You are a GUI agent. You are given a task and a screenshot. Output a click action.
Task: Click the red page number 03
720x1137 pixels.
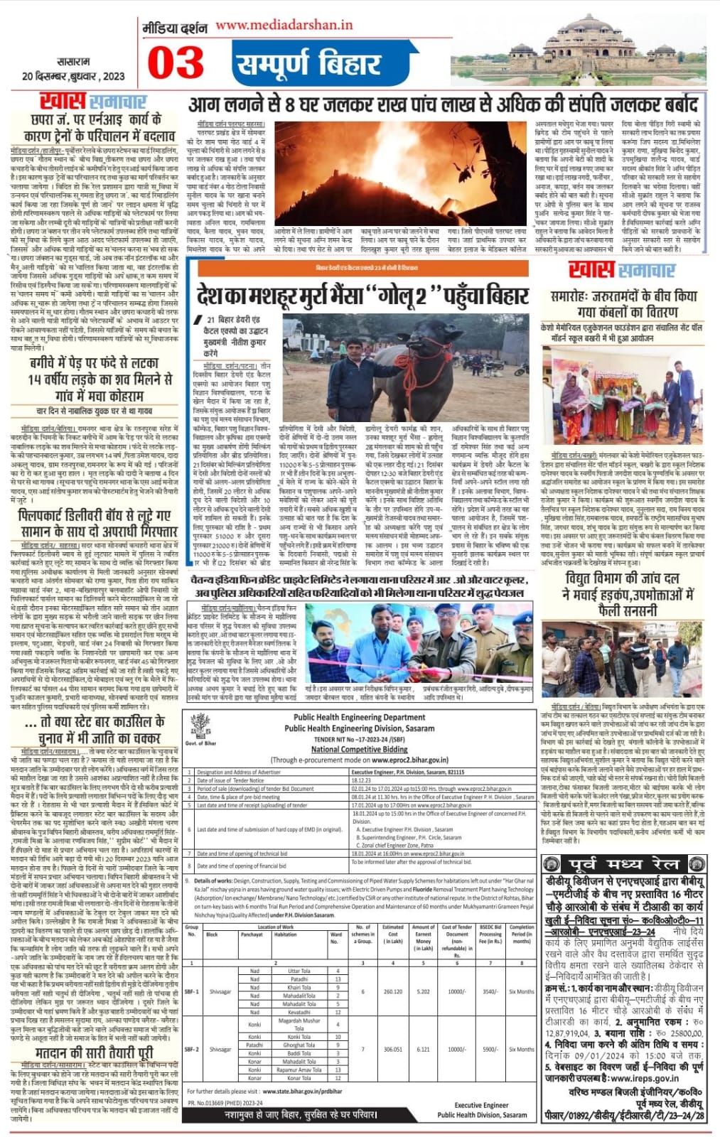click(x=176, y=62)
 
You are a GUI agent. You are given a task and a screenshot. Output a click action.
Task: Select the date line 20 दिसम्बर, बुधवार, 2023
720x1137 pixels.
click(x=73, y=77)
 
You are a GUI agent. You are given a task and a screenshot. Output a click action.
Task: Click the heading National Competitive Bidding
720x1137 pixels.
click(x=359, y=749)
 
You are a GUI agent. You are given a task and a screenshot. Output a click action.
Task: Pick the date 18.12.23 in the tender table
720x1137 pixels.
click(x=361, y=780)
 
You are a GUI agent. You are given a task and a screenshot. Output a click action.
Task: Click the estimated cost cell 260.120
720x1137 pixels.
click(x=392, y=991)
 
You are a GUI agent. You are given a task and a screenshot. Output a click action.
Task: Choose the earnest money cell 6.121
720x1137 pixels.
click(x=423, y=1049)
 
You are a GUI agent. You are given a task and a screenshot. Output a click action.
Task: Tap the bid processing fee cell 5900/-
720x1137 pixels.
click(x=490, y=1049)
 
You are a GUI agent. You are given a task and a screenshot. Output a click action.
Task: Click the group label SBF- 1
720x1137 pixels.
click(x=192, y=991)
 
